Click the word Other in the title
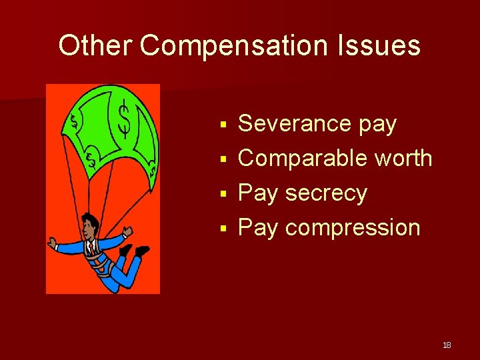tap(96, 46)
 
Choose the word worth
tap(403, 159)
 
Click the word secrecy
tap(326, 193)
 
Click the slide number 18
tap(447, 345)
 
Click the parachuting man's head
tap(90, 225)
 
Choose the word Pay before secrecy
tap(258, 193)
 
